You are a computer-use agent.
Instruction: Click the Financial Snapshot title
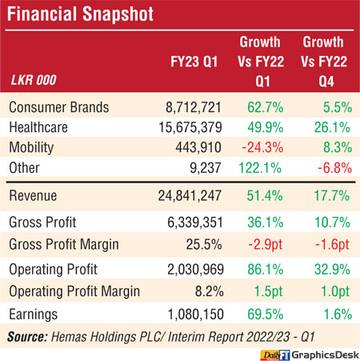[80, 14]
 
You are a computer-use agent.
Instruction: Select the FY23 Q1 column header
[194, 62]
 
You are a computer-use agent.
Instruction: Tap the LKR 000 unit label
[34, 80]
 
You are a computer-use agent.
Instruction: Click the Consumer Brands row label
[59, 107]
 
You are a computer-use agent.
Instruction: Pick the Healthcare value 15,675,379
[190, 127]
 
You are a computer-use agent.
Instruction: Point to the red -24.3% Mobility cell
[262, 147]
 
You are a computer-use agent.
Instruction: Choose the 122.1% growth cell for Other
[260, 168]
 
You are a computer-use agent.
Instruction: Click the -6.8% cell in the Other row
[334, 168]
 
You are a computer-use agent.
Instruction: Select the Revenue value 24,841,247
[190, 195]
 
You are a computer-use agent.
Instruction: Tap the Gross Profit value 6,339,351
[195, 223]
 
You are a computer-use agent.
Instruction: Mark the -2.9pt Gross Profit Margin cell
[265, 244]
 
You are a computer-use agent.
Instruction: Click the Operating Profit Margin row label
[74, 291]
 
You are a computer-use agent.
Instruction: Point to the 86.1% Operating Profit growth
[266, 269]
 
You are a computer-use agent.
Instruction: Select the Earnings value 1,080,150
[195, 315]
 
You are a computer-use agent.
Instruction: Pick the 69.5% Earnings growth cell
[266, 315]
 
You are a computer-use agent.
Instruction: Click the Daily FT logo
[275, 355]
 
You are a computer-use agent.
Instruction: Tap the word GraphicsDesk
[326, 355]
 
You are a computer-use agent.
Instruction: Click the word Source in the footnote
[27, 337]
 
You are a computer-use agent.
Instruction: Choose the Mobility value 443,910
[198, 147]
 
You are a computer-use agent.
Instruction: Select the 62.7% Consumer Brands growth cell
[266, 107]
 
